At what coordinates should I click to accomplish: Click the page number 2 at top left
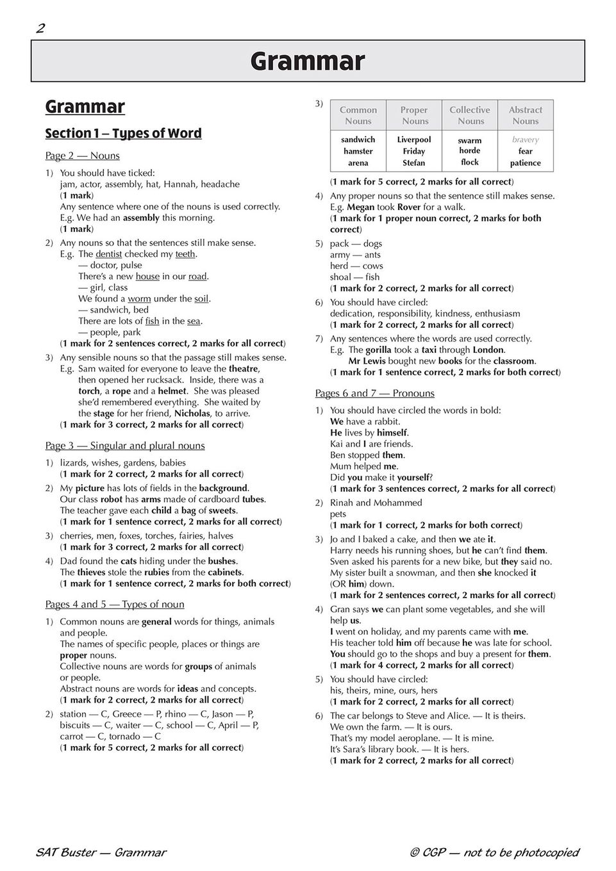point(40,28)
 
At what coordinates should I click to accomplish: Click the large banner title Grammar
point(308,61)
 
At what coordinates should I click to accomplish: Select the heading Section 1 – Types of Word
point(123,133)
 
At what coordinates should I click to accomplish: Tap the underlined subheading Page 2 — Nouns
point(82,156)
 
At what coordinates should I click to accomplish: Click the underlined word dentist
point(108,254)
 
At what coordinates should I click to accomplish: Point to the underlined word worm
point(139,298)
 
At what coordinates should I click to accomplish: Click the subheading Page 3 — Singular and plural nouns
point(125,446)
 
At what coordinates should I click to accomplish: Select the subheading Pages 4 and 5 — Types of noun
point(115,605)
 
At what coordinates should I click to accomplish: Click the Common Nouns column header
point(358,115)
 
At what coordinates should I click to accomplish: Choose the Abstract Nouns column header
point(526,115)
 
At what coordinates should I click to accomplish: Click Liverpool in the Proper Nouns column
point(414,140)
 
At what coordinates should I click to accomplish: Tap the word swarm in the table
point(470,140)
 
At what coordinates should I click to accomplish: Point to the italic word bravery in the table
point(526,140)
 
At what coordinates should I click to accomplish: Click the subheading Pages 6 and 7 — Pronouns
point(375,393)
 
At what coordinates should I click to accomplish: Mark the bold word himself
point(392,433)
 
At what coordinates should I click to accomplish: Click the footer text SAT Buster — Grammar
point(101,852)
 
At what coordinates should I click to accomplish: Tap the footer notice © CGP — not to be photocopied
point(494,852)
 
